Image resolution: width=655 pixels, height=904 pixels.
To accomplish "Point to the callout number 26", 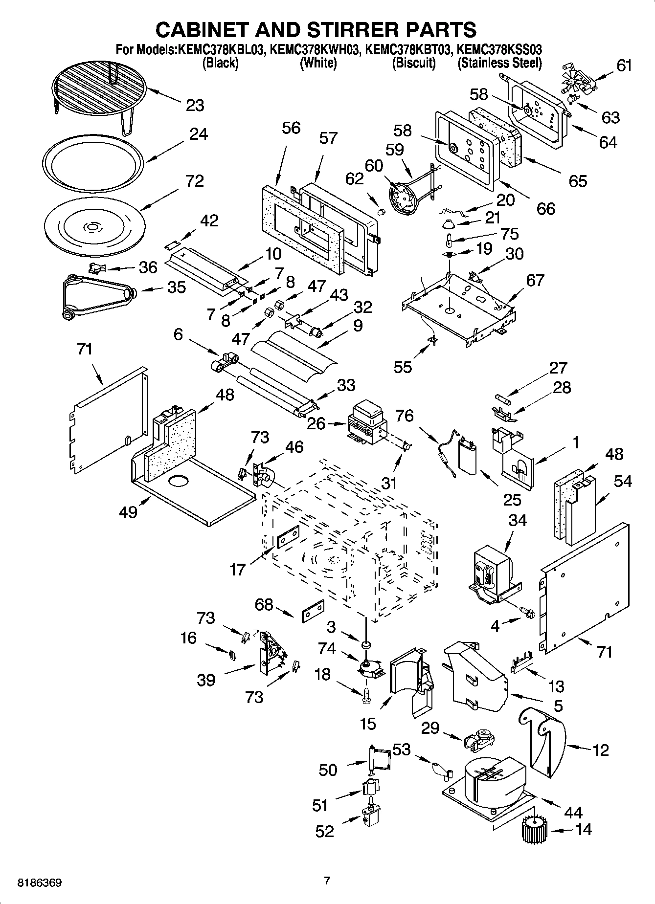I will coord(316,423).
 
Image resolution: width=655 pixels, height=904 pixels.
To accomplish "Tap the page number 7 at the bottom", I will coord(327,881).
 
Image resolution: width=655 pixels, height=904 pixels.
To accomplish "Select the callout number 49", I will coord(128,512).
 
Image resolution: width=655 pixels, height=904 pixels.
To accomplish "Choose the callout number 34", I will coord(517,520).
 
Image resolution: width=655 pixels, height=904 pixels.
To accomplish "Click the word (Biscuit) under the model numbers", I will coord(413,63).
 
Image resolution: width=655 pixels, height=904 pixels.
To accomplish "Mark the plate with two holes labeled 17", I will coord(288,537).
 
